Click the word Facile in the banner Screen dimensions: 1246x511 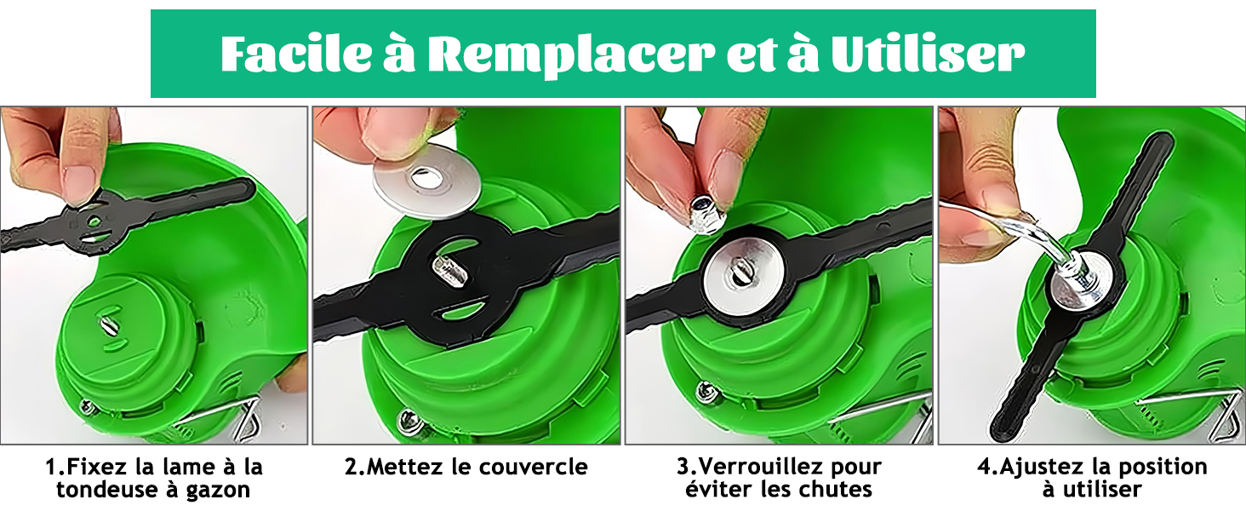pos(295,54)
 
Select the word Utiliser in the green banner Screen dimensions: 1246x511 pos(928,54)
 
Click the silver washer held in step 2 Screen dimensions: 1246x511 pos(426,181)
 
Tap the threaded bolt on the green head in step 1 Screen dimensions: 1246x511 pos(107,325)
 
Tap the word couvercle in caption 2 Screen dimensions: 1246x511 pos(534,467)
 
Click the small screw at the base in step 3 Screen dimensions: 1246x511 pos(708,392)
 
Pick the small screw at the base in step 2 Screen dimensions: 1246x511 pos(409,419)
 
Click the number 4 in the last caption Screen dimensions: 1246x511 pos(985,467)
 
